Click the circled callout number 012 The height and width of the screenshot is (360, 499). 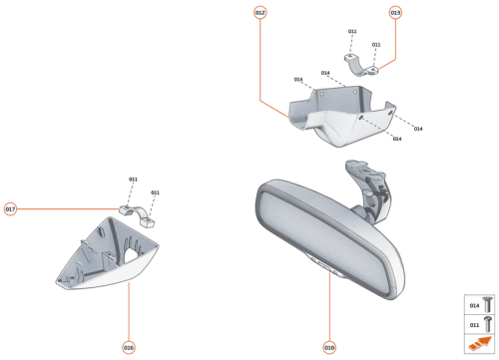coord(259,12)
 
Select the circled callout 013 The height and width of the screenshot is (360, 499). coord(395,12)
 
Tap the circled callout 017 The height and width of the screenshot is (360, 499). coord(10,209)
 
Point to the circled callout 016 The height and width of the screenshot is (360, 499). coord(129,347)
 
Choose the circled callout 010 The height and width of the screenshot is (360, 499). coord(329,347)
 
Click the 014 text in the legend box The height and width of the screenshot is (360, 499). coord(474,306)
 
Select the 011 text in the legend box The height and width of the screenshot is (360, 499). coord(474,325)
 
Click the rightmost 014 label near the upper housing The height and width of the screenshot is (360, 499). coord(418,129)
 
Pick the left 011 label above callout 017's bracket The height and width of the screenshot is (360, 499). coord(133,180)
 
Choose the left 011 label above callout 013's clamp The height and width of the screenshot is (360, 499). coord(352,32)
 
